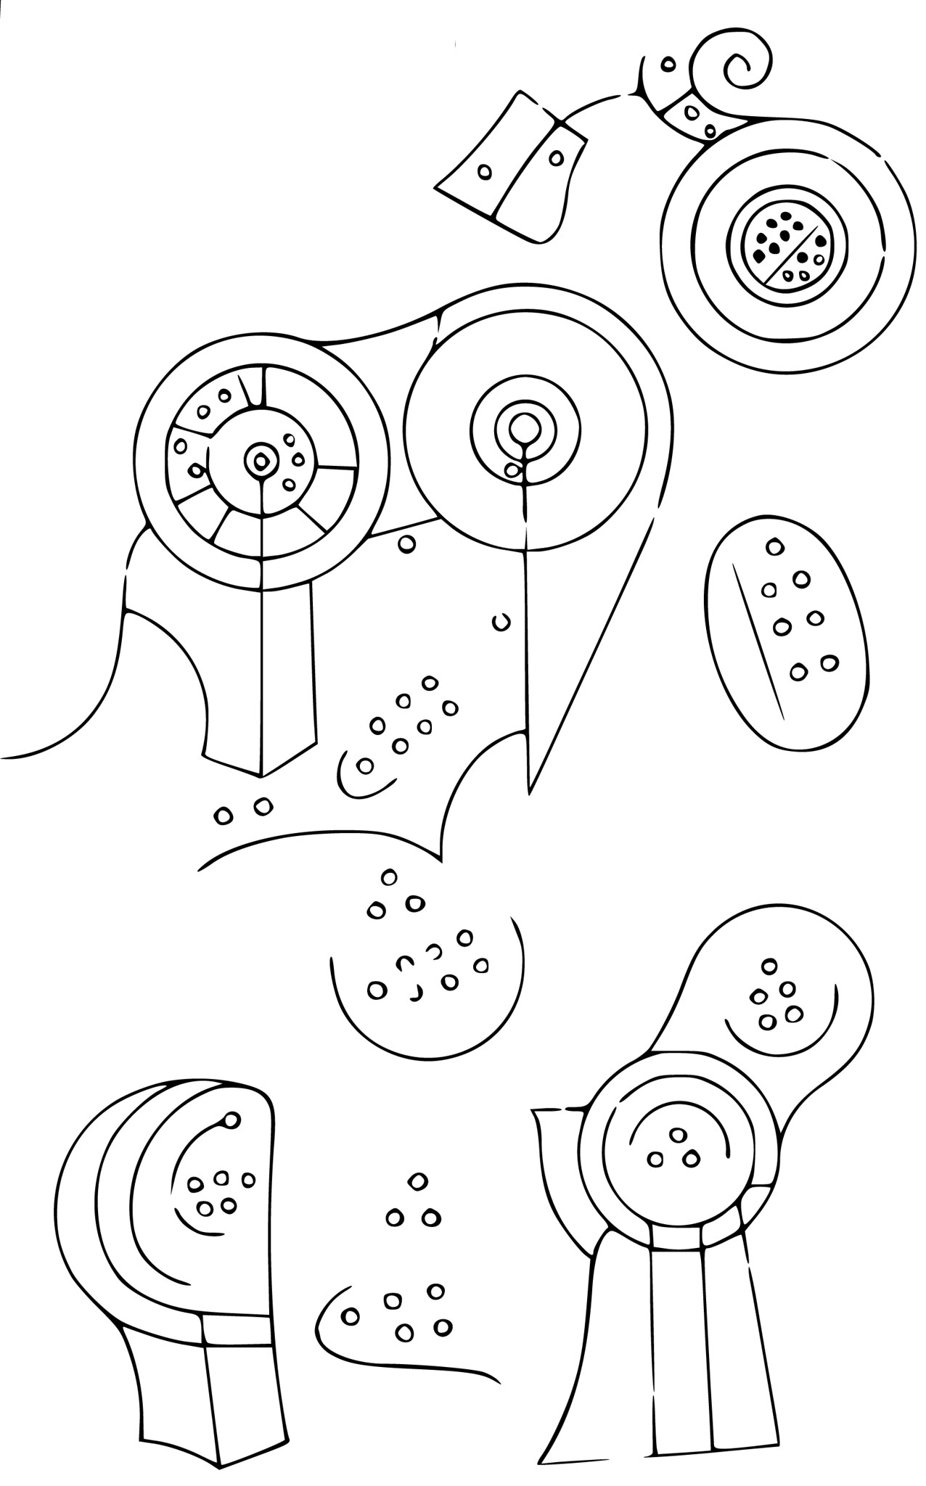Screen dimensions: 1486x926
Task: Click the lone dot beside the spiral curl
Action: coord(667,65)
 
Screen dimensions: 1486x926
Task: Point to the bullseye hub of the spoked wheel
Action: coord(258,459)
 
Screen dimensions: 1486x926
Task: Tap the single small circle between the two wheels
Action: coord(408,543)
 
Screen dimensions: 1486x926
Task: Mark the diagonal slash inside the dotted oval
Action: coord(758,639)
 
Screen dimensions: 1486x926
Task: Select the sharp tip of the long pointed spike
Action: coord(530,789)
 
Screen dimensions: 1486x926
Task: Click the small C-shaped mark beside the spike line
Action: coord(501,622)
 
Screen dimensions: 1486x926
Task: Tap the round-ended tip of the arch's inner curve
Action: coord(231,1141)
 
